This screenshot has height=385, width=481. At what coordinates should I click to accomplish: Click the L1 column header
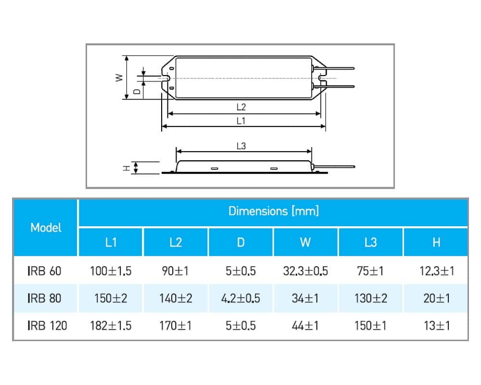111,242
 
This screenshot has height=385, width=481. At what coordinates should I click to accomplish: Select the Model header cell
46,228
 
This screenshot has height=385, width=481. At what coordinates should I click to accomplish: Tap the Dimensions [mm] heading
273,211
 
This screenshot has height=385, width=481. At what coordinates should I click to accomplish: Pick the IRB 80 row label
44,298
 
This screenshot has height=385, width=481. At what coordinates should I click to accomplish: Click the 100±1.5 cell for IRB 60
111,271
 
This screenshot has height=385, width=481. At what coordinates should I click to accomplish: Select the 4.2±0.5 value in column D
240,298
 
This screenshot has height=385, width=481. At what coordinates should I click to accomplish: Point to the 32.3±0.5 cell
306,271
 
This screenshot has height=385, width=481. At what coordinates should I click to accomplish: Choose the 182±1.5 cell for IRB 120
111,326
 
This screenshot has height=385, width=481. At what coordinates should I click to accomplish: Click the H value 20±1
436,298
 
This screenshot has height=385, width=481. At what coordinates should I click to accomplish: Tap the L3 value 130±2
371,298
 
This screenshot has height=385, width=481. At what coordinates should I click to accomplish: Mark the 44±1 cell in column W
306,326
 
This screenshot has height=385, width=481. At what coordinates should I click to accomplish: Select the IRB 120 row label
47,326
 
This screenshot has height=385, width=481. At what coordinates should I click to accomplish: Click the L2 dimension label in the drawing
241,107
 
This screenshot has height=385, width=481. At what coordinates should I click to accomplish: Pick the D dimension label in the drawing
137,90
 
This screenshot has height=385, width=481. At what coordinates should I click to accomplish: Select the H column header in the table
436,242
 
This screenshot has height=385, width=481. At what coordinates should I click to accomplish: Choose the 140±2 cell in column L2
176,298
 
